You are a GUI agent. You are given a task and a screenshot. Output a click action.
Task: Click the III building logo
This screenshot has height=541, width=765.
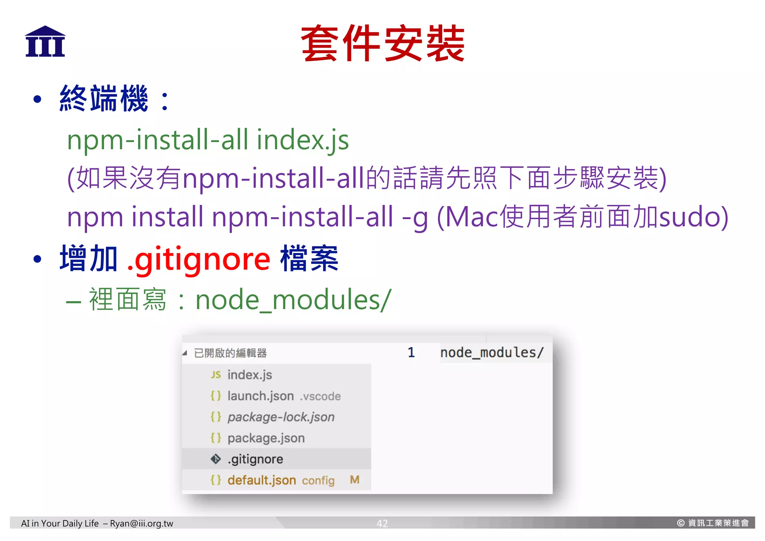pyautogui.click(x=45, y=42)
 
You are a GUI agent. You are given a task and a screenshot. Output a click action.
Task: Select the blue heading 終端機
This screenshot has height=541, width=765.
pyautogui.click(x=104, y=99)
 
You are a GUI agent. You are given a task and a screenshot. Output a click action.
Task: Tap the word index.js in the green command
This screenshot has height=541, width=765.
pyautogui.click(x=303, y=140)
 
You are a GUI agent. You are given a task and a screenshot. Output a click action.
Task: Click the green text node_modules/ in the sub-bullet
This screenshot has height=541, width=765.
pyautogui.click(x=293, y=300)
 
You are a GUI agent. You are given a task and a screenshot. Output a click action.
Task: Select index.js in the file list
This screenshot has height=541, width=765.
pyautogui.click(x=250, y=375)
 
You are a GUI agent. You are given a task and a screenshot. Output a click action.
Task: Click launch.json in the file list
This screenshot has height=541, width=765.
pyautogui.click(x=260, y=396)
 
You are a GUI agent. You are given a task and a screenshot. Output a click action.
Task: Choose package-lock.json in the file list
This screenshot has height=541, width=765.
pyautogui.click(x=281, y=417)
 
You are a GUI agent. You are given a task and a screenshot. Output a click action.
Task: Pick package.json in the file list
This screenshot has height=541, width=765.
pyautogui.click(x=266, y=438)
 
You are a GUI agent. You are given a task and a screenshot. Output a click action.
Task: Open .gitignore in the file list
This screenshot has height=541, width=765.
pyautogui.click(x=255, y=459)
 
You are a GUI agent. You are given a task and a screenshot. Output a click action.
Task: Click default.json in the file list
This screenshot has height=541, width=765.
pyautogui.click(x=261, y=480)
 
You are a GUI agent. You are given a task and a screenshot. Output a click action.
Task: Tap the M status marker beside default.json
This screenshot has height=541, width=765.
pyautogui.click(x=354, y=480)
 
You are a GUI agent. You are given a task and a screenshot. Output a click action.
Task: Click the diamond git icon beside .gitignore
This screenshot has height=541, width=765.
pyautogui.click(x=216, y=459)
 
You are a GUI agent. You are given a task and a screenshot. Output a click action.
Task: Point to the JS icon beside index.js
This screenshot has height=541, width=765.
pyautogui.click(x=216, y=375)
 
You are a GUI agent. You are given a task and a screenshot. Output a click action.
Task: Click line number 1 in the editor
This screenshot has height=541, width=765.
pyautogui.click(x=411, y=353)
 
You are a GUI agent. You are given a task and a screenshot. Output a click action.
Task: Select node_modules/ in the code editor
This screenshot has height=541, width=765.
pyautogui.click(x=492, y=353)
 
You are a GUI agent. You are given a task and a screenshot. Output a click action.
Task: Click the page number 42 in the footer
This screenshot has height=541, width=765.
pyautogui.click(x=382, y=523)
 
